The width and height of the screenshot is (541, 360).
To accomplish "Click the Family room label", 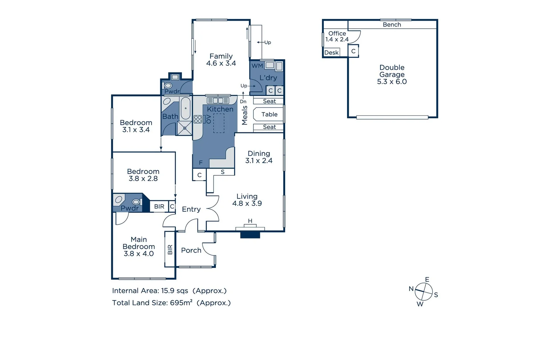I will tap(221, 56).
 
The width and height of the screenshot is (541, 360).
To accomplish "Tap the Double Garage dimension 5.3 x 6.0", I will tap(392, 82).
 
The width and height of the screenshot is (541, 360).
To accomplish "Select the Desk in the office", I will tap(331, 53).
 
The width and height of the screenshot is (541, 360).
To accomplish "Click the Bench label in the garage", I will tap(392, 25).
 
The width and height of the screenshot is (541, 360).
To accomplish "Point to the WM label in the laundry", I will tap(257, 66).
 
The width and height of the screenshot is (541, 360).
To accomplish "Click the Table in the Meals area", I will tap(269, 114).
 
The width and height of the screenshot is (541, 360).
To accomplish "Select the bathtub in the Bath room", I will tap(186, 108).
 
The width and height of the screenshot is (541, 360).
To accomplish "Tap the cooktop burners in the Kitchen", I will tap(198, 119).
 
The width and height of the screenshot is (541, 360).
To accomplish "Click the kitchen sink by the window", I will tap(218, 100).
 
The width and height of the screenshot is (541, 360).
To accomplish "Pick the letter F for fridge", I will tap(201, 163).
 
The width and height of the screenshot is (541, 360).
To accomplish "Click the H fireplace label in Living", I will tap(250, 221).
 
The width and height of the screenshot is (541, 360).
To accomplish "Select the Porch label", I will tap(191, 250).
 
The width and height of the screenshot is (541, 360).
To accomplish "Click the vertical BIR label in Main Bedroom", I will tap(170, 249).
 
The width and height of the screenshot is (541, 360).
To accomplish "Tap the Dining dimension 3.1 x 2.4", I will tap(259, 161).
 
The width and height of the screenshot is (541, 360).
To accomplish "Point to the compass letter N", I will tap(411, 289).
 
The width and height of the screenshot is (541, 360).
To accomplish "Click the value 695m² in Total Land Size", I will tap(181, 303).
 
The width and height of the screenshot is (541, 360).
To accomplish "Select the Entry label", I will tap(191, 209).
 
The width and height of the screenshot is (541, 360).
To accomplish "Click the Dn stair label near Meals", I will tap(243, 101).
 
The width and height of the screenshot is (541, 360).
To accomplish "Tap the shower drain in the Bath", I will tap(185, 128).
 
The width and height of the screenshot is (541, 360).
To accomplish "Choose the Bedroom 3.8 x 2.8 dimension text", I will tap(143, 179).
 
